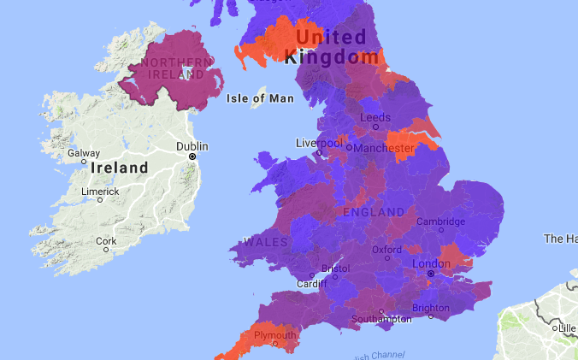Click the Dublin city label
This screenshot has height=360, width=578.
[192, 146]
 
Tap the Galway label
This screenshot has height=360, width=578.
[84, 153]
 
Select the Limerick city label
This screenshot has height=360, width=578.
[100, 191]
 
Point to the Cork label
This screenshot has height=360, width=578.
[106, 241]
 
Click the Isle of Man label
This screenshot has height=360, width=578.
[261, 98]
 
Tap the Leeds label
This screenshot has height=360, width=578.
[375, 117]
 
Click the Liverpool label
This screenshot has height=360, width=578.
[319, 143]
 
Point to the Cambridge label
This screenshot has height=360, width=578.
[440, 221]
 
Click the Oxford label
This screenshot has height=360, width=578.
[386, 250]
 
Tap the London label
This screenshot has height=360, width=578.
[431, 264]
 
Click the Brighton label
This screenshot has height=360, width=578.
[430, 308]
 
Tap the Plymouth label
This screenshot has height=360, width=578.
[273, 336]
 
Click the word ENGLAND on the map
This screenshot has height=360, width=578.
[374, 211]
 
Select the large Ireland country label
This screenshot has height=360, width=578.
[120, 168]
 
